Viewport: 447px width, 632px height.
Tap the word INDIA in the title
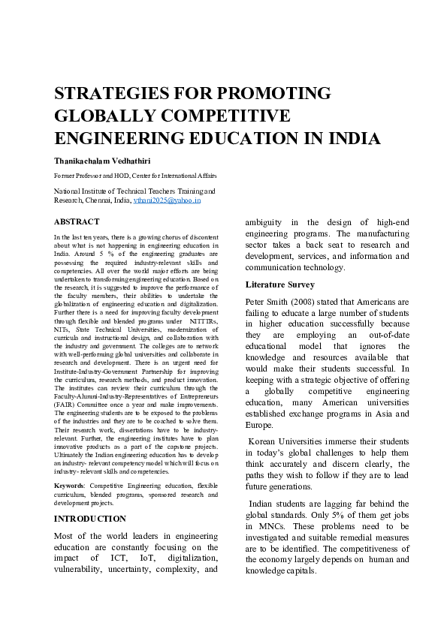[x=353, y=139]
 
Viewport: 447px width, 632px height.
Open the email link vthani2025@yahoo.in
[x=167, y=200]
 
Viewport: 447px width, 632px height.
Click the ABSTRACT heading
[x=77, y=222]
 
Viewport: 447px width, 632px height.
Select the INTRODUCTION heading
[x=90, y=519]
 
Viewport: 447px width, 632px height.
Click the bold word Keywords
[x=69, y=486]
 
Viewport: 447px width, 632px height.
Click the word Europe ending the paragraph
[x=259, y=425]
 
